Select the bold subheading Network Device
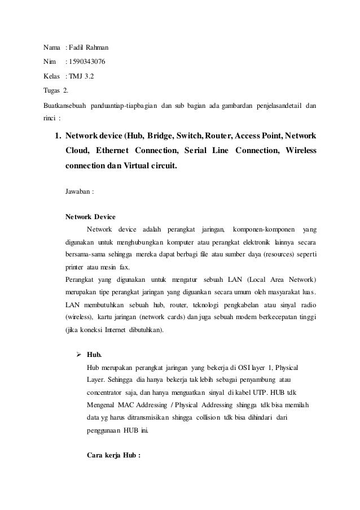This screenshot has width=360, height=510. pos(90,216)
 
